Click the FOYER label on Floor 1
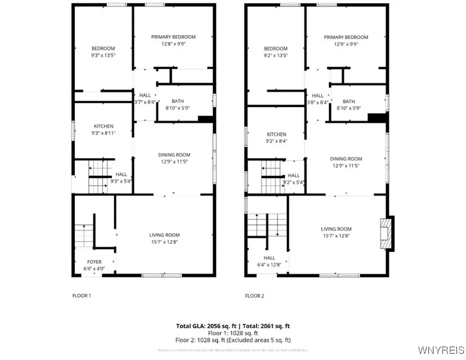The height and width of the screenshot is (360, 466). [94, 262]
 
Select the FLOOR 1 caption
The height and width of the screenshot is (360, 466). [81, 296]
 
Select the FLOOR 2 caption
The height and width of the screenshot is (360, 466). [255, 296]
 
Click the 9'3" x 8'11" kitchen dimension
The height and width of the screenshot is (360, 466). [104, 133]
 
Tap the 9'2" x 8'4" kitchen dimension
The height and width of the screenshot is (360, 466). [276, 141]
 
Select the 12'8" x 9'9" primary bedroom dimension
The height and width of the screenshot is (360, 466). [173, 44]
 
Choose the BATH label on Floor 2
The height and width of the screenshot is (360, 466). [348, 101]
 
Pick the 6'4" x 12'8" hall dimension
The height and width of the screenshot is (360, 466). [269, 264]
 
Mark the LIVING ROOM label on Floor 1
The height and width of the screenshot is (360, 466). [164, 235]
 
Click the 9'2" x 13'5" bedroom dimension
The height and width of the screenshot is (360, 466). [275, 55]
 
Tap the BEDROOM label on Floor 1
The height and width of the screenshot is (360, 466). [103, 48]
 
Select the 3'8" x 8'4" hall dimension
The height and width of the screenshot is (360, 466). [318, 102]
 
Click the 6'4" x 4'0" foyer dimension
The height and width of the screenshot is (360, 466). [94, 269]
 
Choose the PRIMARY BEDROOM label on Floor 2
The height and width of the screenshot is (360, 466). [346, 37]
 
